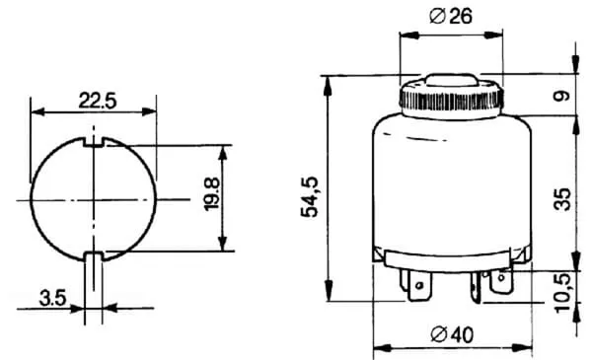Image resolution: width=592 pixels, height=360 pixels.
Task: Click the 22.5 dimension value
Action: point(98,101)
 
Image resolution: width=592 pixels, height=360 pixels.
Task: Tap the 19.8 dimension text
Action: point(211,194)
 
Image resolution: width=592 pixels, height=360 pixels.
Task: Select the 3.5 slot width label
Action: point(52,298)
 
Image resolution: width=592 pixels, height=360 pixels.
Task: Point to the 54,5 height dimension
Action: point(309,196)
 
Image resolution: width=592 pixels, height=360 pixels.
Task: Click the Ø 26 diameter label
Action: point(451,16)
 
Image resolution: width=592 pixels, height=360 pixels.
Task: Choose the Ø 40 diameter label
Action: point(452,334)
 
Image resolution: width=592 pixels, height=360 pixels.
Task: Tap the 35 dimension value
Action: point(562,199)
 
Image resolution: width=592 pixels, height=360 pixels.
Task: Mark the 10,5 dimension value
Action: point(562,293)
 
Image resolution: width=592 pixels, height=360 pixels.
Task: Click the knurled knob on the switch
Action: point(451,99)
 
